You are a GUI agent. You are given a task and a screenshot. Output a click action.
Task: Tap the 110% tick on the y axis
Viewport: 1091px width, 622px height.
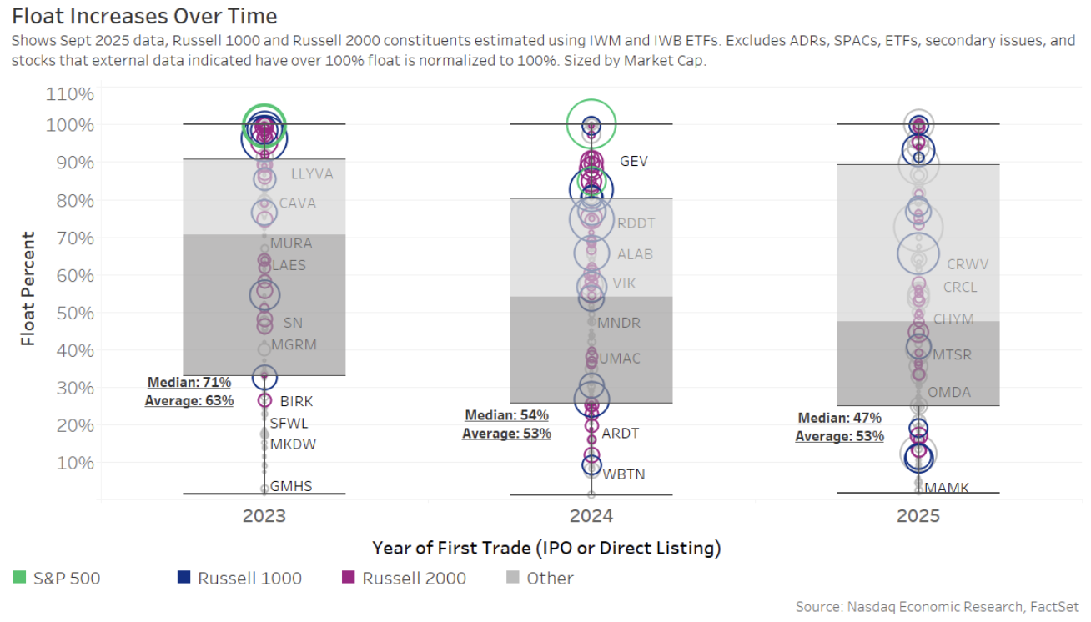69,94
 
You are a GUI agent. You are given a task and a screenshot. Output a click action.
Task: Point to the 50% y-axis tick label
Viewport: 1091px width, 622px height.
73,313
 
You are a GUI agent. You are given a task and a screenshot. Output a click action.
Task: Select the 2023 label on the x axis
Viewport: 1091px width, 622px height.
264,516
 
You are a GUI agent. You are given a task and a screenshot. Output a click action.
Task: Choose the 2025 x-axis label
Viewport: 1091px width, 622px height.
918,516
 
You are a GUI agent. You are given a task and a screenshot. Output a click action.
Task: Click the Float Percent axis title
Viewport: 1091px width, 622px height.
29,288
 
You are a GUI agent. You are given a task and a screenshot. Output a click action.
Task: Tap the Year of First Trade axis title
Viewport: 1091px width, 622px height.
546,548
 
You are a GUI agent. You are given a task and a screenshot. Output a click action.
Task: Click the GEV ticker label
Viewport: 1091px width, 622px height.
634,162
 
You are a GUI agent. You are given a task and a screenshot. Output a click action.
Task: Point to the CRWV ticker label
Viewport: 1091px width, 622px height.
968,264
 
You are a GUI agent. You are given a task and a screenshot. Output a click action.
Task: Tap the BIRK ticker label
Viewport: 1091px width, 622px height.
297,401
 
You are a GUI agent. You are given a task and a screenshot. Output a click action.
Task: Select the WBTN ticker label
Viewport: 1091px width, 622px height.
624,474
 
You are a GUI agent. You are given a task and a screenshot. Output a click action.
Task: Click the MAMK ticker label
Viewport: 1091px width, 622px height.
947,488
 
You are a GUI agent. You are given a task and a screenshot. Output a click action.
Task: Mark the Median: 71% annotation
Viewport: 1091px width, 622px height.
189,383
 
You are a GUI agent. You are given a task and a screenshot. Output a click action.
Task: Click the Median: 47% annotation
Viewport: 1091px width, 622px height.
840,419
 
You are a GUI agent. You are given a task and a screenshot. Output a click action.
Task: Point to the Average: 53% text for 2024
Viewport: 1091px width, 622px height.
507,434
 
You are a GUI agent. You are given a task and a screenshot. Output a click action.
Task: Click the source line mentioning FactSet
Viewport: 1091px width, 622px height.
938,607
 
